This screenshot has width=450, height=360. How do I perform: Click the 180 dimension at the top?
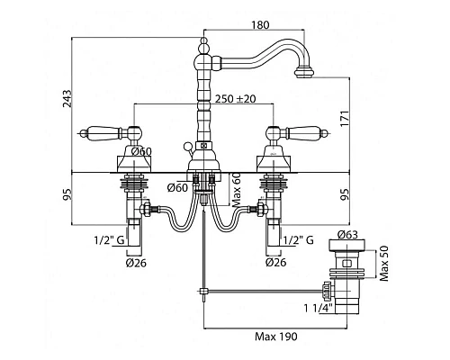point(260,25)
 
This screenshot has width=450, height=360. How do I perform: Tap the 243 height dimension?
point(67,98)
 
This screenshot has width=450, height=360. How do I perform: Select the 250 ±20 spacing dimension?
point(235,98)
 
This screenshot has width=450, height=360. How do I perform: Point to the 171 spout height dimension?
point(345,119)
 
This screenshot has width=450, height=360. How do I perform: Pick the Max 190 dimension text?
point(276,337)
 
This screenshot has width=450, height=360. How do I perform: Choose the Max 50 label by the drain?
point(384,264)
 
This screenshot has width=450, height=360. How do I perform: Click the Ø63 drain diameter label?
point(347,234)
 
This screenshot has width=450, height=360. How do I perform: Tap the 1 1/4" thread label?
point(319,308)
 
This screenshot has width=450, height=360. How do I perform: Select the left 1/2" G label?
point(109,240)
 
